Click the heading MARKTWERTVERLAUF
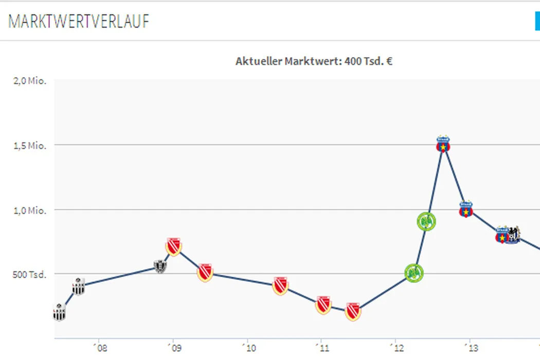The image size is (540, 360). tap(79, 22)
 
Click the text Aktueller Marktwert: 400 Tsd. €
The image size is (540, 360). tap(314, 61)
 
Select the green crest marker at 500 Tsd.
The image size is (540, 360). tap(413, 273)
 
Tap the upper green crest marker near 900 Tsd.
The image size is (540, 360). tap(426, 222)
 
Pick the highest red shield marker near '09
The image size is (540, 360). tap(174, 247)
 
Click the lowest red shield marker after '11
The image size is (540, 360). tap(352, 311)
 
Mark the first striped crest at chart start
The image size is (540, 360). tap(59, 312)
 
